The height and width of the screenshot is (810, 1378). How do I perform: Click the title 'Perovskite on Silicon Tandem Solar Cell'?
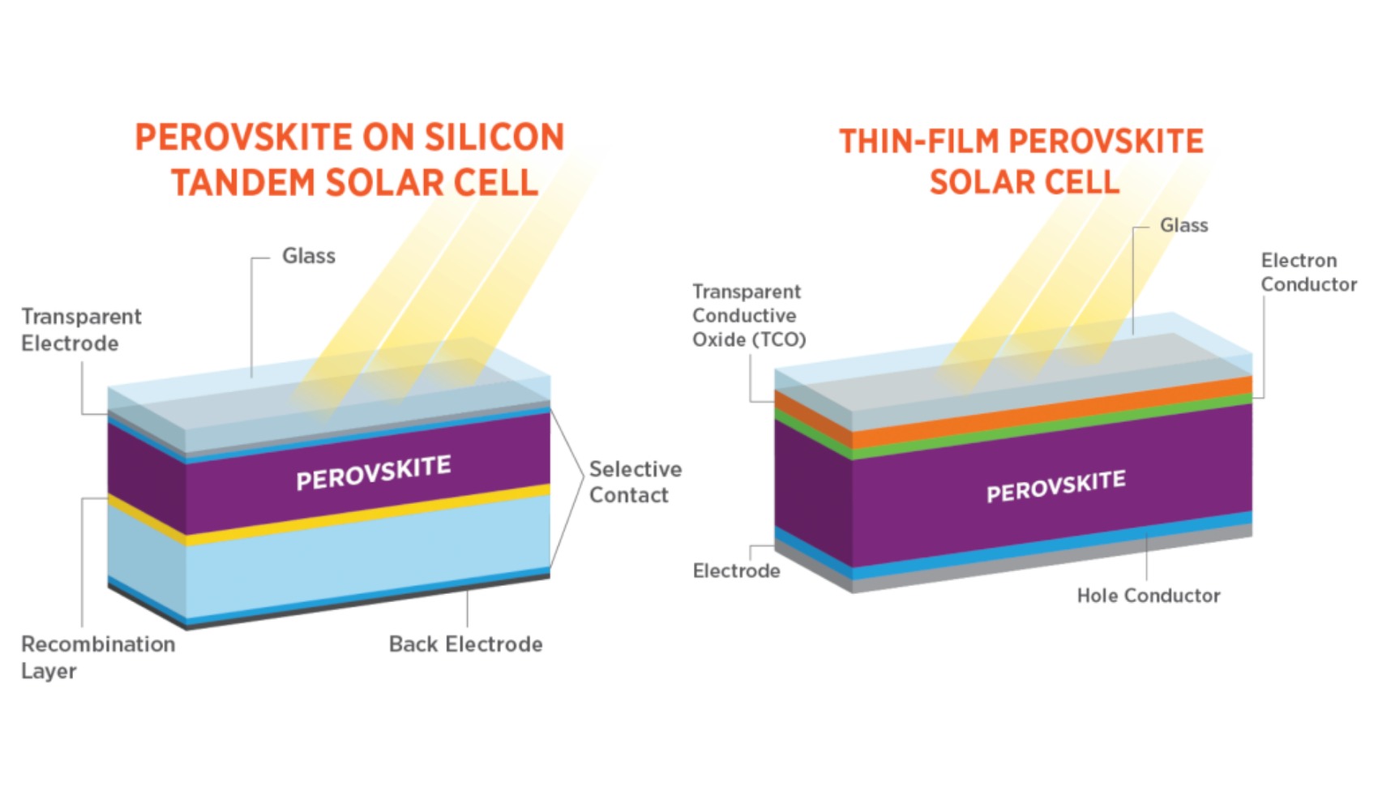[350, 160]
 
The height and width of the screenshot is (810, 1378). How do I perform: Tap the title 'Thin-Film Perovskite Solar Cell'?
[1021, 161]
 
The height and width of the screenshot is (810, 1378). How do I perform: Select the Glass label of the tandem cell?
[308, 256]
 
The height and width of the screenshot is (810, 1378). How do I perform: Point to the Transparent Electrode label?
[81, 330]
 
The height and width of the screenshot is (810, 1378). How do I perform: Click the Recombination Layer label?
[97, 657]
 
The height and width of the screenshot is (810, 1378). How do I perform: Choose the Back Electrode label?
[465, 644]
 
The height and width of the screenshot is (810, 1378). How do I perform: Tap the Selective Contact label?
[635, 482]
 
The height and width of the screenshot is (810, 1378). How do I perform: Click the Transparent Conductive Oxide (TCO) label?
[748, 315]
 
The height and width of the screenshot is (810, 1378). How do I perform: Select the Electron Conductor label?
[1307, 272]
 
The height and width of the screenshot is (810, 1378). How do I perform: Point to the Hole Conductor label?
[1148, 595]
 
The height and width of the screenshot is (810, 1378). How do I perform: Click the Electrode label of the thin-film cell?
[736, 571]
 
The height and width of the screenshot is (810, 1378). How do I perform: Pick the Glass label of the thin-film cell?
[1183, 225]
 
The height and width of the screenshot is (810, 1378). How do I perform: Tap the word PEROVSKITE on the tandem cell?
[373, 473]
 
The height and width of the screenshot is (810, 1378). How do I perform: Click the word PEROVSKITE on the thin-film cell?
[1055, 486]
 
